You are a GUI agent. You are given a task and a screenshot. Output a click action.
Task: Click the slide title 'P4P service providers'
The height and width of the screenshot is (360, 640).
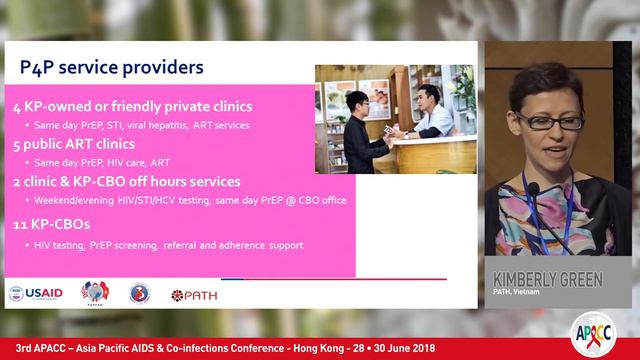(112, 68)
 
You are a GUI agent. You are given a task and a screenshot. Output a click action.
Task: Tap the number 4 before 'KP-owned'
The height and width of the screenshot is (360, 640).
(17, 106)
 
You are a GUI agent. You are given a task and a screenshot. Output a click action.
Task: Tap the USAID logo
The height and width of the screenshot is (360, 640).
(36, 293)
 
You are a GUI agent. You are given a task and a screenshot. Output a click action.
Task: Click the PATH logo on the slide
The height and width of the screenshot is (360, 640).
(194, 295)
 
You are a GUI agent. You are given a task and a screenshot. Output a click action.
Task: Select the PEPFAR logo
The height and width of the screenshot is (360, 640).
(95, 292)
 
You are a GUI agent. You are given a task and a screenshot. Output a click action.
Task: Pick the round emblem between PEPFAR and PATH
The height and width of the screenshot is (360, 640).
(140, 293)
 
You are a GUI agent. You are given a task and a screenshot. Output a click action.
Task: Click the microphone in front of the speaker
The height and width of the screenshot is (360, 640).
(534, 190)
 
